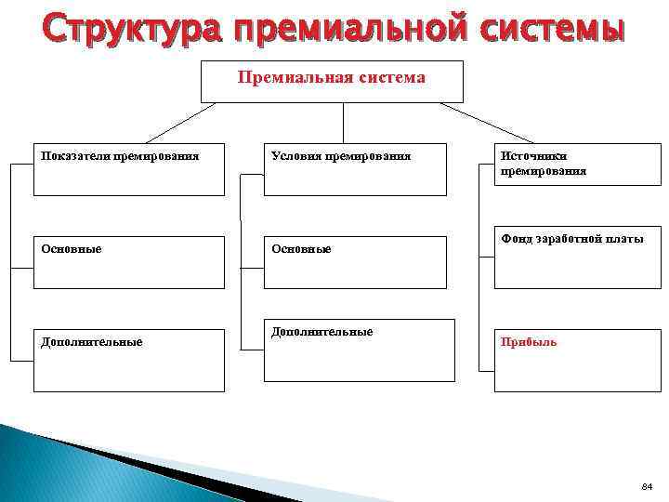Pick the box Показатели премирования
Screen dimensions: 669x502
pos(128,169)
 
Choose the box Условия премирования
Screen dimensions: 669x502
pos(359,169)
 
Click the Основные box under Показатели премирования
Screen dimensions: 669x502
pos(128,262)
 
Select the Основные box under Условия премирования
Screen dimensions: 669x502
pos(359,262)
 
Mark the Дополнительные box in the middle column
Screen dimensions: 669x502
pos(359,350)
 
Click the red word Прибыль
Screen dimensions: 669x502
pos(529,342)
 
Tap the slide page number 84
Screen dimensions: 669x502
pos(648,486)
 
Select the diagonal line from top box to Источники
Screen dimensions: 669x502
pos(487,122)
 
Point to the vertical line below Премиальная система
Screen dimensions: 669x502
pos(344,122)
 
